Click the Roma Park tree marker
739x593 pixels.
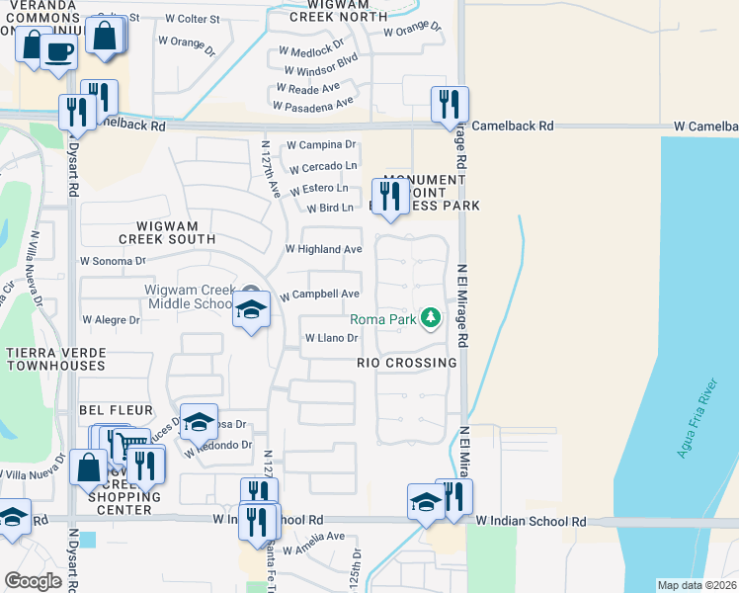(x=430, y=318)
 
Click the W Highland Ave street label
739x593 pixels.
(x=323, y=250)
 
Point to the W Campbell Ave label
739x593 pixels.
(x=319, y=295)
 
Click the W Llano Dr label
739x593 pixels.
(x=330, y=338)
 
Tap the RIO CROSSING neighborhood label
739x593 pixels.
(x=407, y=363)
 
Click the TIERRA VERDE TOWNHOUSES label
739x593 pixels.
(x=54, y=359)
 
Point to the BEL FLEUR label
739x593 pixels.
(x=117, y=409)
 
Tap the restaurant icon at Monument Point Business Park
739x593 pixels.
(x=389, y=197)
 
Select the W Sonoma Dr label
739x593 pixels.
(x=113, y=261)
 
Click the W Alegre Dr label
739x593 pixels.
(x=112, y=320)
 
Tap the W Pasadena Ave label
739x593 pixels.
(x=317, y=103)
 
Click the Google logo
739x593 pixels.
(x=33, y=581)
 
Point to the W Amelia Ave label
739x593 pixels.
(x=313, y=537)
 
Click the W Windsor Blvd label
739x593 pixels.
(x=320, y=71)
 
